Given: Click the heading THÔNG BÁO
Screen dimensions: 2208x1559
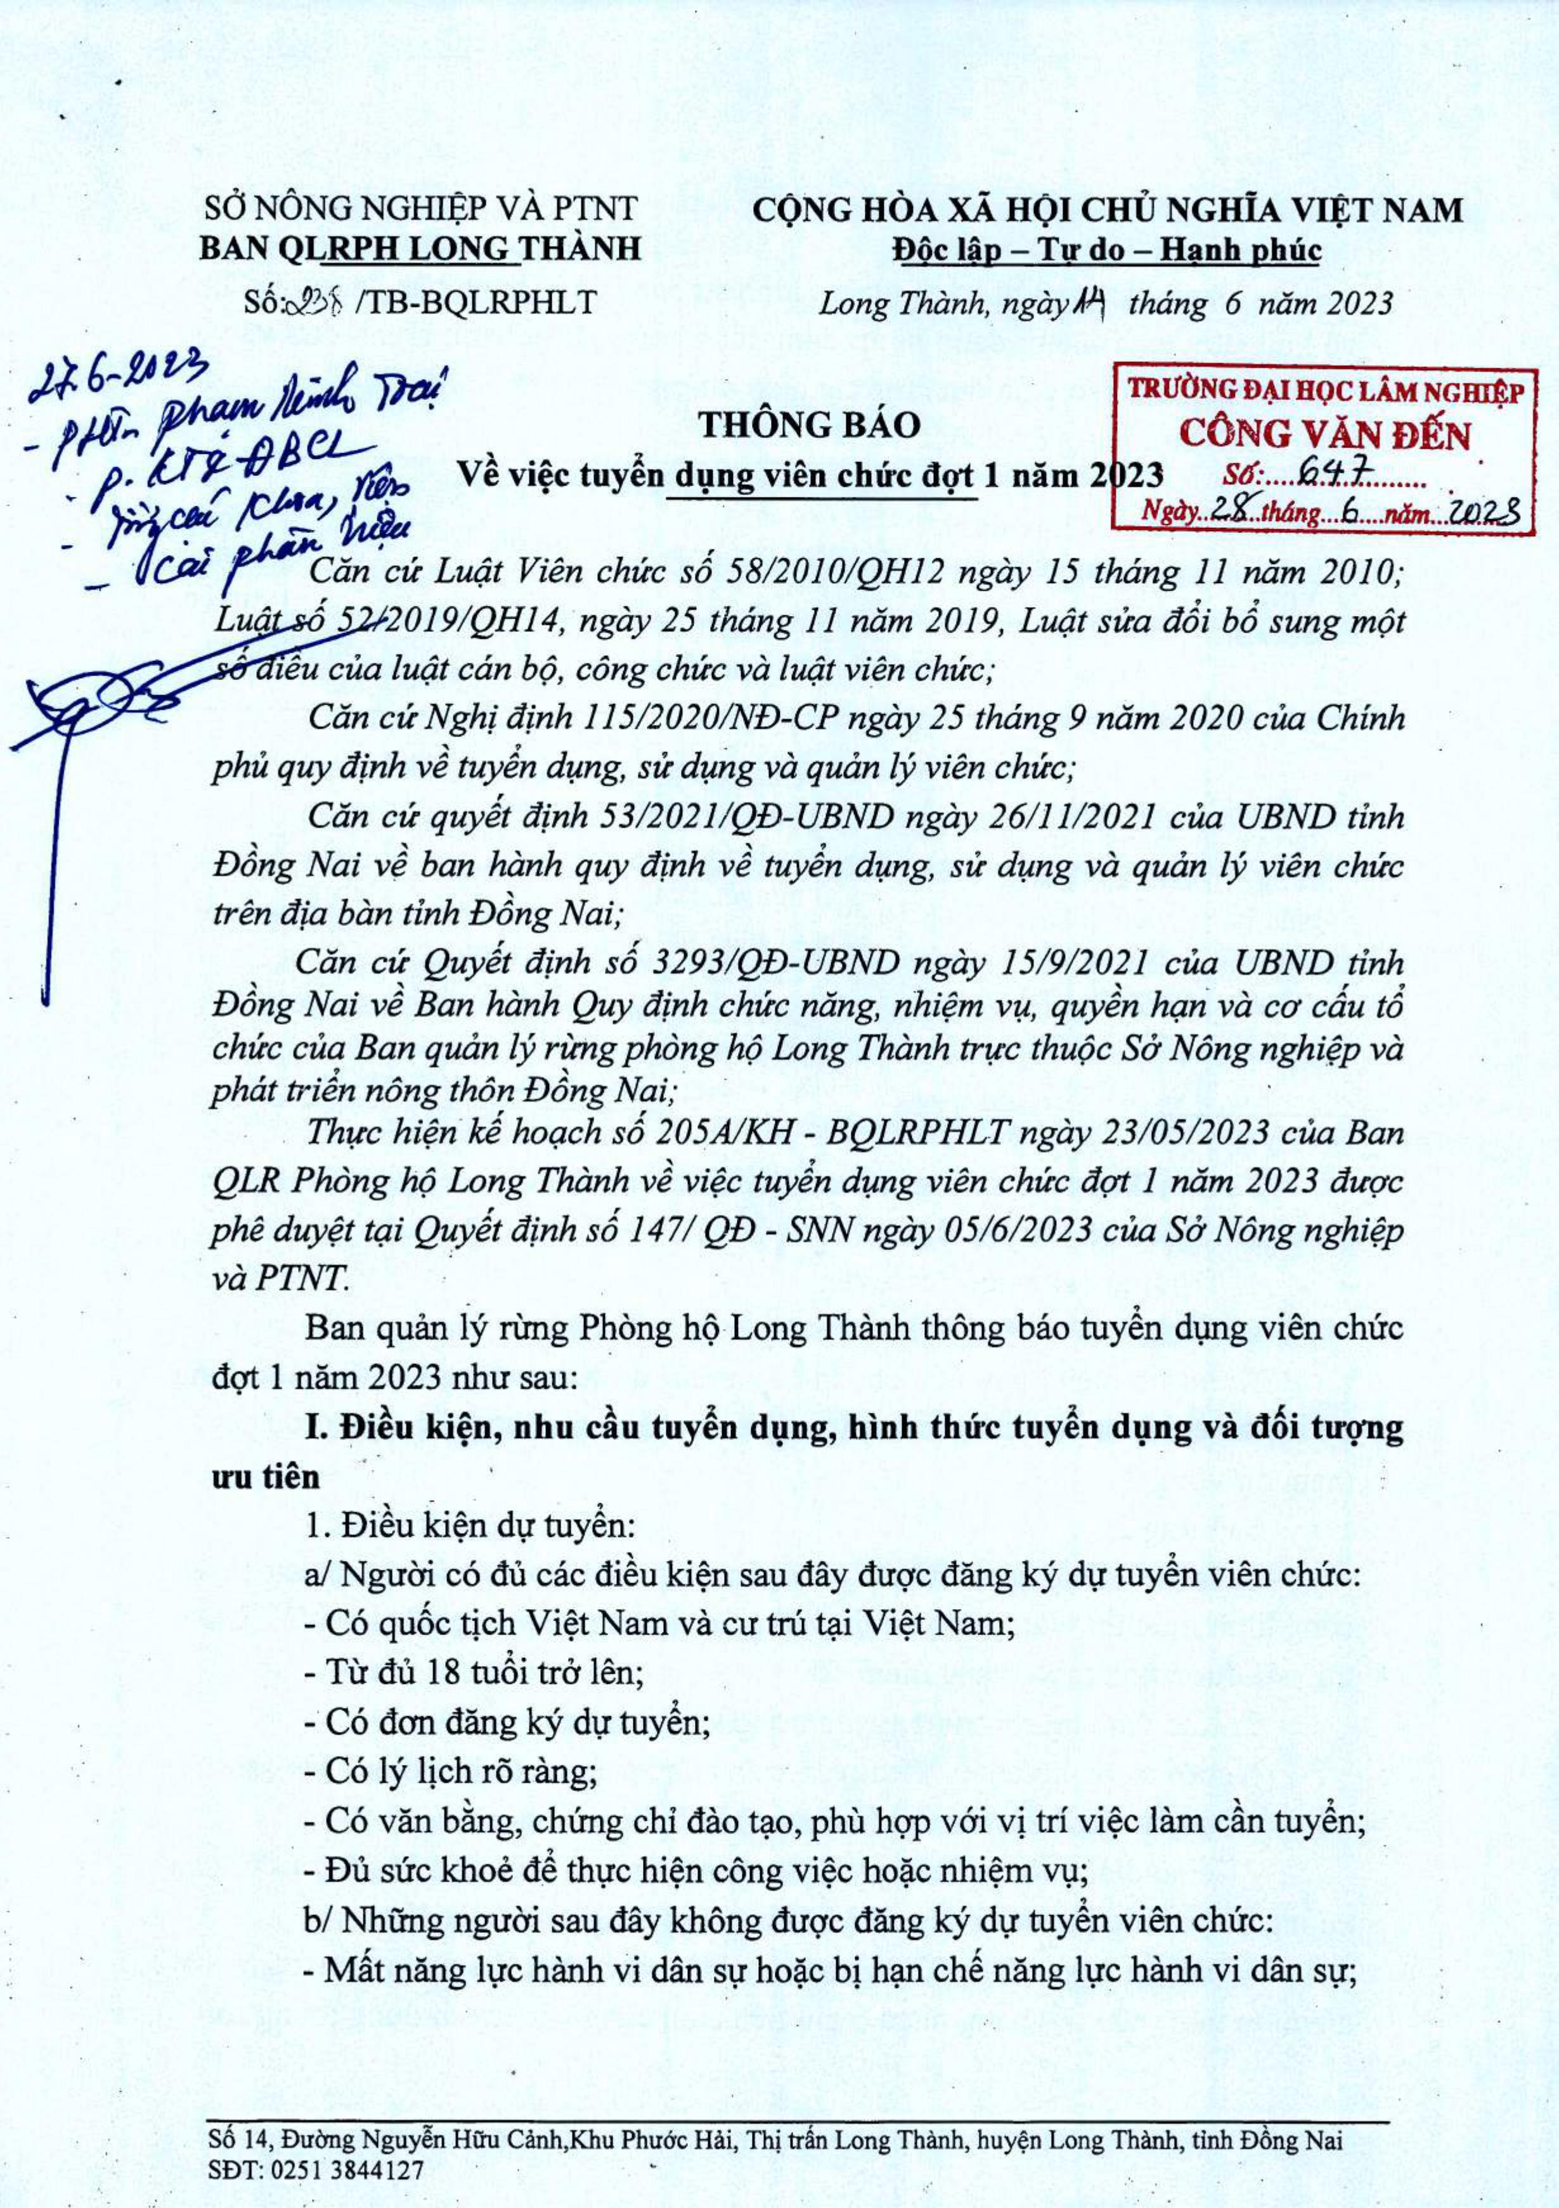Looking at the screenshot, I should point(809,424).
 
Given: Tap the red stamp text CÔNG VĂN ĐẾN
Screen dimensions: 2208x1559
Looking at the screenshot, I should point(1324,435).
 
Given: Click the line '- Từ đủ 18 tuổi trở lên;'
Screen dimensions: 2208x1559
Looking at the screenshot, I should point(473,1672).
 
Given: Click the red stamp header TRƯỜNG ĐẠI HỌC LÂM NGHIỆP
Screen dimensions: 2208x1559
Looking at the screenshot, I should point(1325,392).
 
